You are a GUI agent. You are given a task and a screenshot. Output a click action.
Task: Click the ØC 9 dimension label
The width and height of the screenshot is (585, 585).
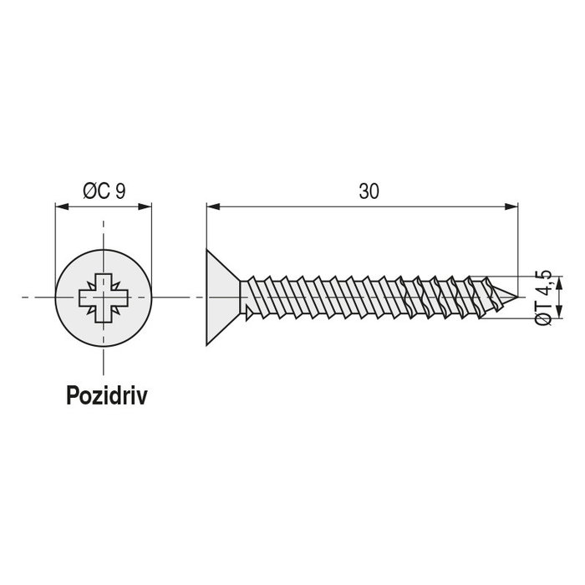tap(104, 191)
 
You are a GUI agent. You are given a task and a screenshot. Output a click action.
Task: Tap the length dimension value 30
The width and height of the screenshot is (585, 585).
tap(369, 191)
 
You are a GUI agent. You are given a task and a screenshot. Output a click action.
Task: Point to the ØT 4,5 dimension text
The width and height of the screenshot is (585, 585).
tap(543, 298)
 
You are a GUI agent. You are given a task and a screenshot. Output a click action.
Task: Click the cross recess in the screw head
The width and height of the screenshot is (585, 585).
tap(104, 297)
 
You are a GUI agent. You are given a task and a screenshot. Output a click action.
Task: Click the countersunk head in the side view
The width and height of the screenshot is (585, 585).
tap(222, 297)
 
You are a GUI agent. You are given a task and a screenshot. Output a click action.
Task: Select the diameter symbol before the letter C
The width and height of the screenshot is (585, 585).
tap(89, 191)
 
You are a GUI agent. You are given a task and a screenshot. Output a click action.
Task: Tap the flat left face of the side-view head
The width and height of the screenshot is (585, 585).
tap(206, 297)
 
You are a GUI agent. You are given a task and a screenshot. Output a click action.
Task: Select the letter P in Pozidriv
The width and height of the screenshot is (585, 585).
tap(72, 395)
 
